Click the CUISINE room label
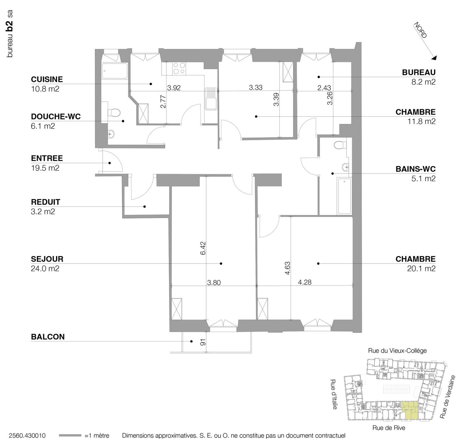click(47, 79)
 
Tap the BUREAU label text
click(419, 72)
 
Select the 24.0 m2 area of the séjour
click(45, 268)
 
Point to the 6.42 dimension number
click(203, 248)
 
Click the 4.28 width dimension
click(305, 282)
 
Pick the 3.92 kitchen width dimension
click(174, 88)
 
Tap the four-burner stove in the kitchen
click(179, 68)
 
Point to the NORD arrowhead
click(434, 58)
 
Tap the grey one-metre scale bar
click(70, 435)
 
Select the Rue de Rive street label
click(389, 428)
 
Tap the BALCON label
click(48, 337)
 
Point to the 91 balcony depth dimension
click(203, 342)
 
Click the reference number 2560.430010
click(27, 436)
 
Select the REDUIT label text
click(45, 202)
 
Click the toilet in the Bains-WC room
click(340, 145)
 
